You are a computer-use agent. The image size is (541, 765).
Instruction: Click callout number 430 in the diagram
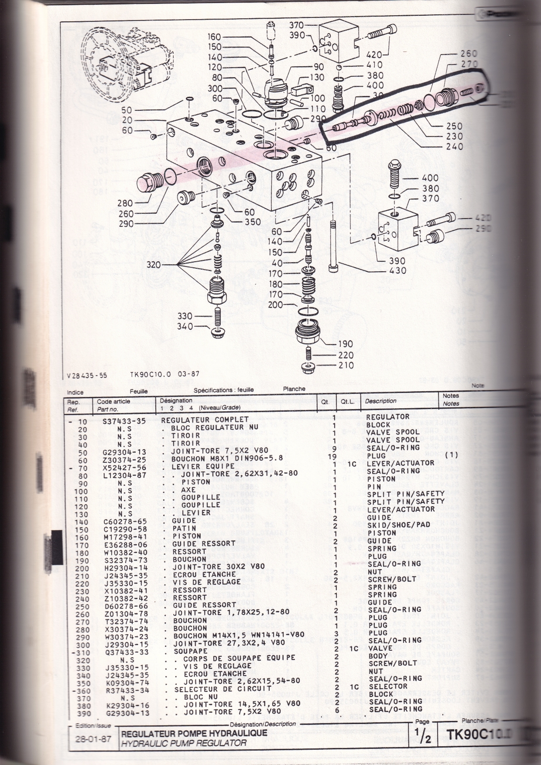click(x=397, y=270)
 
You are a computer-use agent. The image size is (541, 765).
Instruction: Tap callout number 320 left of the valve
click(x=153, y=265)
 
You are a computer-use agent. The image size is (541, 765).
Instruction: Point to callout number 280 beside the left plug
click(x=125, y=203)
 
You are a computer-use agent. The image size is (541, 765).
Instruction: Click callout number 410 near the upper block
click(x=375, y=65)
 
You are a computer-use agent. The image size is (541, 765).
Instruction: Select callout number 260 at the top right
click(x=469, y=54)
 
